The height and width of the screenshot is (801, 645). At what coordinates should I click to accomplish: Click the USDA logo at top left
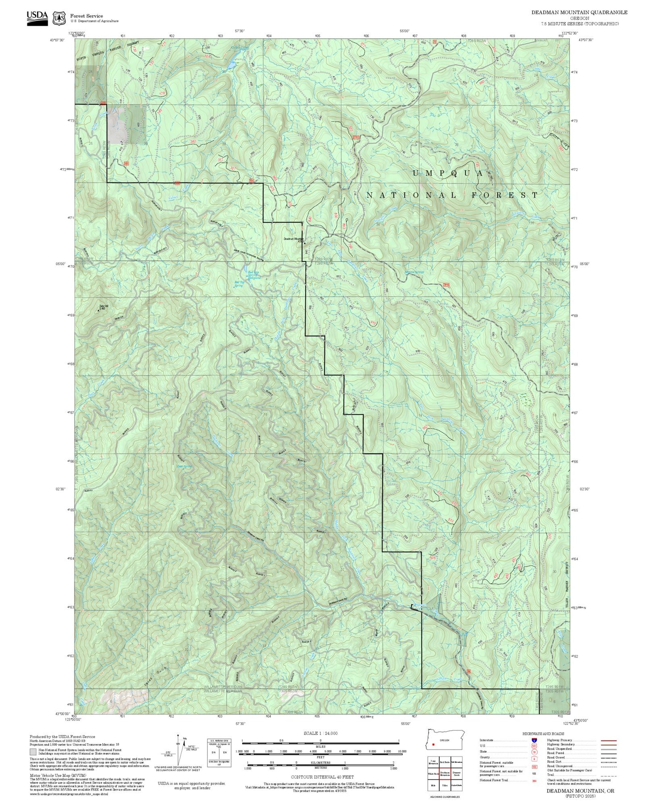click(37, 17)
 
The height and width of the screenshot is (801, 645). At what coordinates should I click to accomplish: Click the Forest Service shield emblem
click(58, 18)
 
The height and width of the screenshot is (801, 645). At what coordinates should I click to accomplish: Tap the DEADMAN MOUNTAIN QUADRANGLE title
click(579, 13)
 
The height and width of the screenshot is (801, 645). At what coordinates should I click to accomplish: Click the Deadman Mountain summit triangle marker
click(305, 243)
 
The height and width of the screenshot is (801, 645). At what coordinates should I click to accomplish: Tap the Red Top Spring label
click(239, 284)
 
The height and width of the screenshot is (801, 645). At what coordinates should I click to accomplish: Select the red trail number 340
click(193, 142)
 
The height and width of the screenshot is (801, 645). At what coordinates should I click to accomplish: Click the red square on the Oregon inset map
click(433, 744)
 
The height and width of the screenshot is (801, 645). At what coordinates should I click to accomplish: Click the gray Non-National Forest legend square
click(33, 751)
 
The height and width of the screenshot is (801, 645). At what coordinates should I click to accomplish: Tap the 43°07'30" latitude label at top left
click(57, 40)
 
